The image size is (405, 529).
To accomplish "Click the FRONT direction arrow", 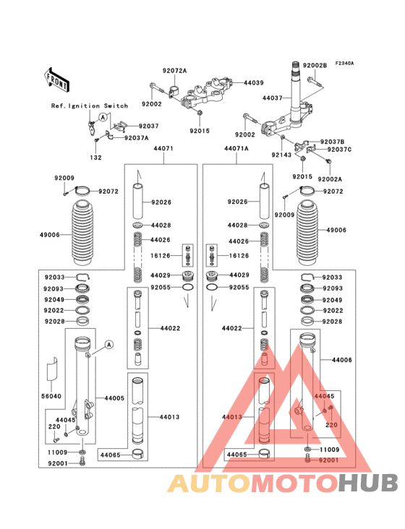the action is (56, 80).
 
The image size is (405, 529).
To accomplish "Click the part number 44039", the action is (254, 82).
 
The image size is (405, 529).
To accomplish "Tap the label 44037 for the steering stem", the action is (273, 98).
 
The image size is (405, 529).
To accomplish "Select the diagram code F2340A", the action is (344, 64).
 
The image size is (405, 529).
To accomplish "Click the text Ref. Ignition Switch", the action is (90, 106).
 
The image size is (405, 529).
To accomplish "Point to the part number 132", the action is (96, 158).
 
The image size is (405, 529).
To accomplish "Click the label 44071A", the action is (236, 148).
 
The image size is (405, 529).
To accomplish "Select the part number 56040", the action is (51, 396).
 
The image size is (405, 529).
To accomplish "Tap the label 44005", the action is (114, 398).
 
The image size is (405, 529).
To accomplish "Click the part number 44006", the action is (342, 360).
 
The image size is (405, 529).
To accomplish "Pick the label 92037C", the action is (339, 150).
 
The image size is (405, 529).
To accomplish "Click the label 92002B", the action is (315, 66).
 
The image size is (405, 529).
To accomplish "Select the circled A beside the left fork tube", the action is (108, 345).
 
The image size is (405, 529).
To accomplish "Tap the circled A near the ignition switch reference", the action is (103, 117).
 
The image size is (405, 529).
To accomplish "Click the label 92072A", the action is (174, 71).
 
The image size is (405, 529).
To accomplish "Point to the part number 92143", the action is (281, 155).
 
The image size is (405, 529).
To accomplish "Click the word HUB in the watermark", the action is (369, 483).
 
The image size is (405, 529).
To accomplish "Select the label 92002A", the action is (330, 179).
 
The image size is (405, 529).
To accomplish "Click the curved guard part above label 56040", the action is (51, 369).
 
